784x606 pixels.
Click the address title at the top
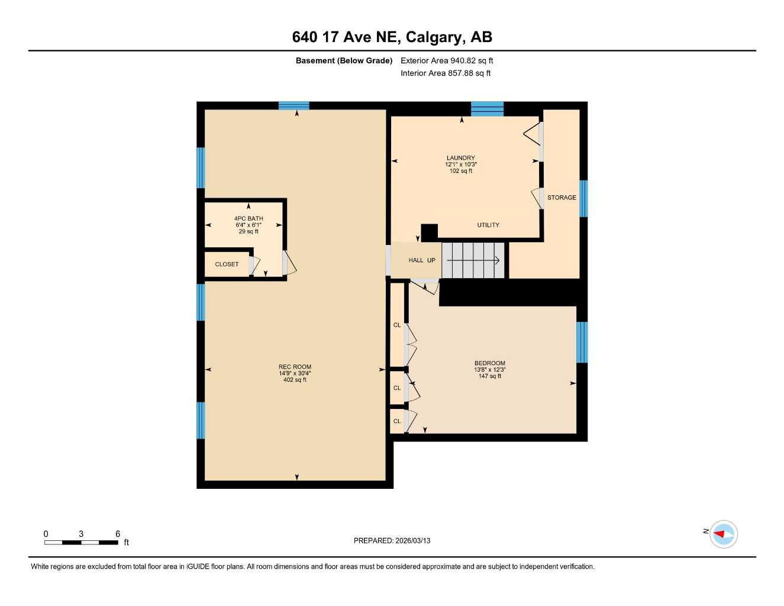[x=392, y=37]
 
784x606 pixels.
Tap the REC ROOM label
[x=295, y=367]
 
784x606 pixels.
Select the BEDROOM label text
[x=489, y=363]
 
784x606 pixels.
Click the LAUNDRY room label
[x=460, y=158]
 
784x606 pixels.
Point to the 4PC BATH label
[x=249, y=219]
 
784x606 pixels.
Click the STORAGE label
[x=561, y=198]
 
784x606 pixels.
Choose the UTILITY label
[x=488, y=225]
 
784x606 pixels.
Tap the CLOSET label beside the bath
[x=227, y=265]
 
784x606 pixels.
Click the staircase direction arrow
[x=473, y=260]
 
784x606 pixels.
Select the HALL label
[x=415, y=260]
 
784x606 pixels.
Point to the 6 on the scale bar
[x=118, y=534]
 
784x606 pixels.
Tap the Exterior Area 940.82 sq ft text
[x=447, y=60]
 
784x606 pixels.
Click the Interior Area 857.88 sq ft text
[x=446, y=73]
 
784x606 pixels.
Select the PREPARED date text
[x=392, y=540]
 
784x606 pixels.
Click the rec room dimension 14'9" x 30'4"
[x=295, y=373]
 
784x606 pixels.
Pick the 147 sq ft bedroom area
[x=489, y=376]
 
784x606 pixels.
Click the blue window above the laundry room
[x=487, y=109]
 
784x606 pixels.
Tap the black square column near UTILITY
[x=429, y=232]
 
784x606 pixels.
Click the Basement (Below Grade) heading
[x=344, y=60]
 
